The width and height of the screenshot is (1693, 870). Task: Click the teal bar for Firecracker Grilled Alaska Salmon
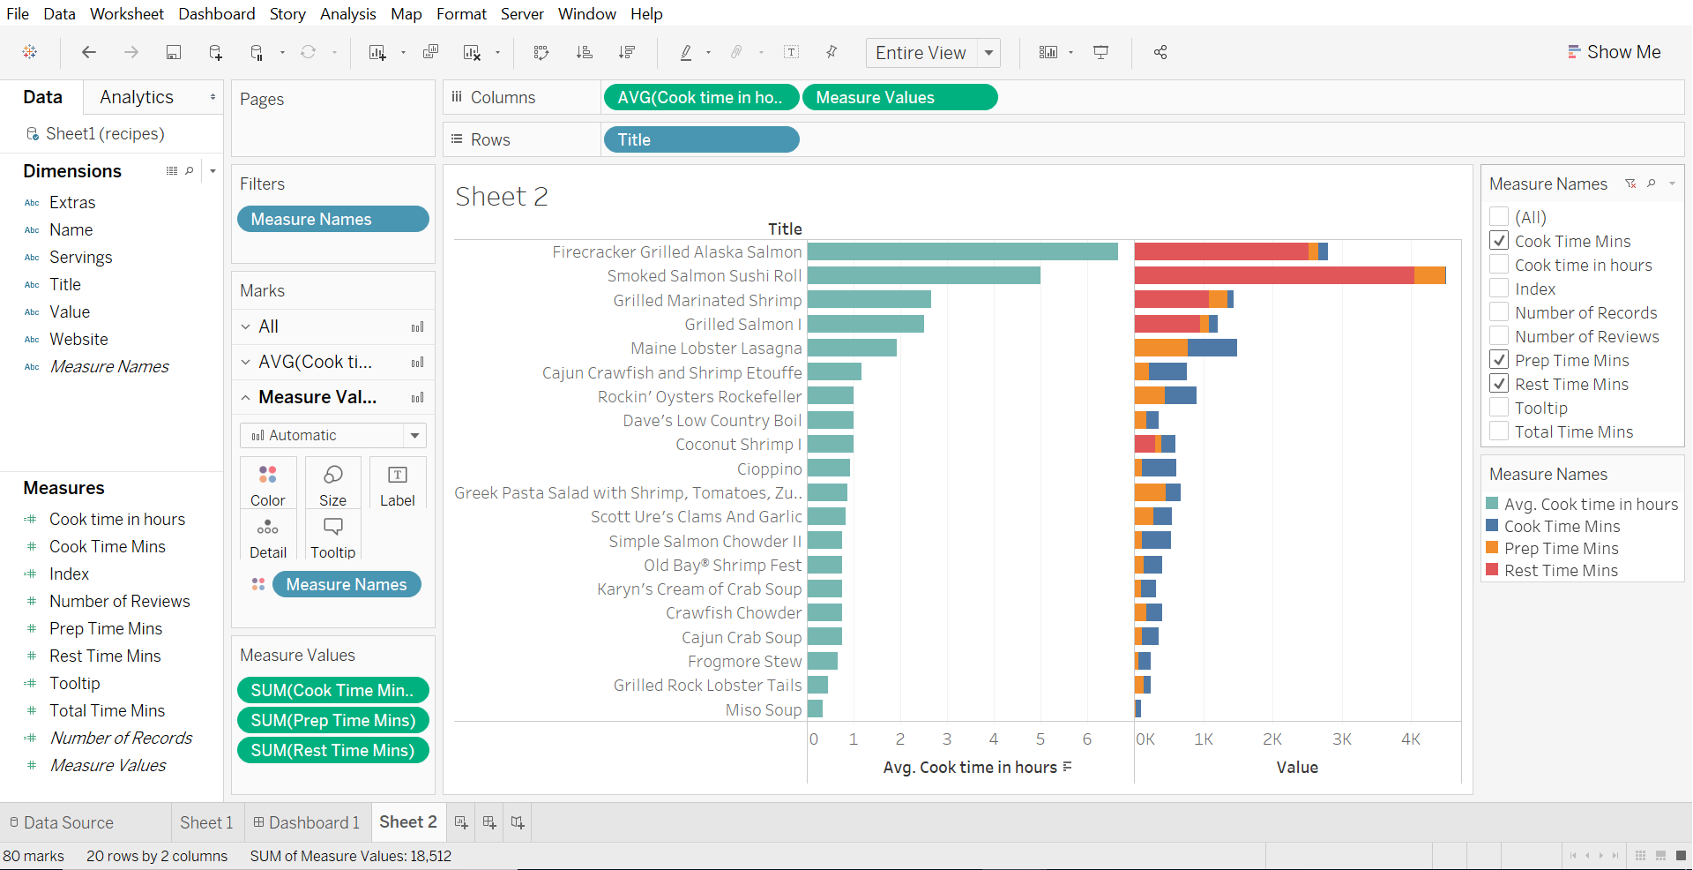coord(962,252)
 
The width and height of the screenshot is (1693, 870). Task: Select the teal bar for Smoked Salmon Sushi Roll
coord(923,276)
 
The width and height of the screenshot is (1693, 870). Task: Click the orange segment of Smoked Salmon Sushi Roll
coord(1429,276)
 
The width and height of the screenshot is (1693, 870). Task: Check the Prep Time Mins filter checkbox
coord(1499,360)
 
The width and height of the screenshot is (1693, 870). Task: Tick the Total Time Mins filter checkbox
coord(1499,431)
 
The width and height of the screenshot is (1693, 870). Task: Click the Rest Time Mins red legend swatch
coord(1493,570)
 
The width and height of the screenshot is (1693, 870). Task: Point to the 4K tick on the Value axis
coord(1411,739)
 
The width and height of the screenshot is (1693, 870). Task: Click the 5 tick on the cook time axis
coord(1040,739)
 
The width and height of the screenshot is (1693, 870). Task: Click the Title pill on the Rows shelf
coord(701,139)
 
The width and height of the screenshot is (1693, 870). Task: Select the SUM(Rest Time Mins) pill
coord(332,750)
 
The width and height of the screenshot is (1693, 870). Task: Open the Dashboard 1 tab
coord(306,822)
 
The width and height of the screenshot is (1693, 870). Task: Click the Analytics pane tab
coord(137,97)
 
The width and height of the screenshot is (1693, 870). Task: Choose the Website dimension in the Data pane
coord(78,340)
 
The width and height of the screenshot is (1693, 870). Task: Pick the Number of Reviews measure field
coord(119,602)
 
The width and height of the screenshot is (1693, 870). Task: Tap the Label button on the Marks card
coord(397,484)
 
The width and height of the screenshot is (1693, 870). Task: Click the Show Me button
coord(1614,52)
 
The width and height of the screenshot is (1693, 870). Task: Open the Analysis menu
coord(347,14)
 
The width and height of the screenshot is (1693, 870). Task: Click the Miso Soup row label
coord(763,710)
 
